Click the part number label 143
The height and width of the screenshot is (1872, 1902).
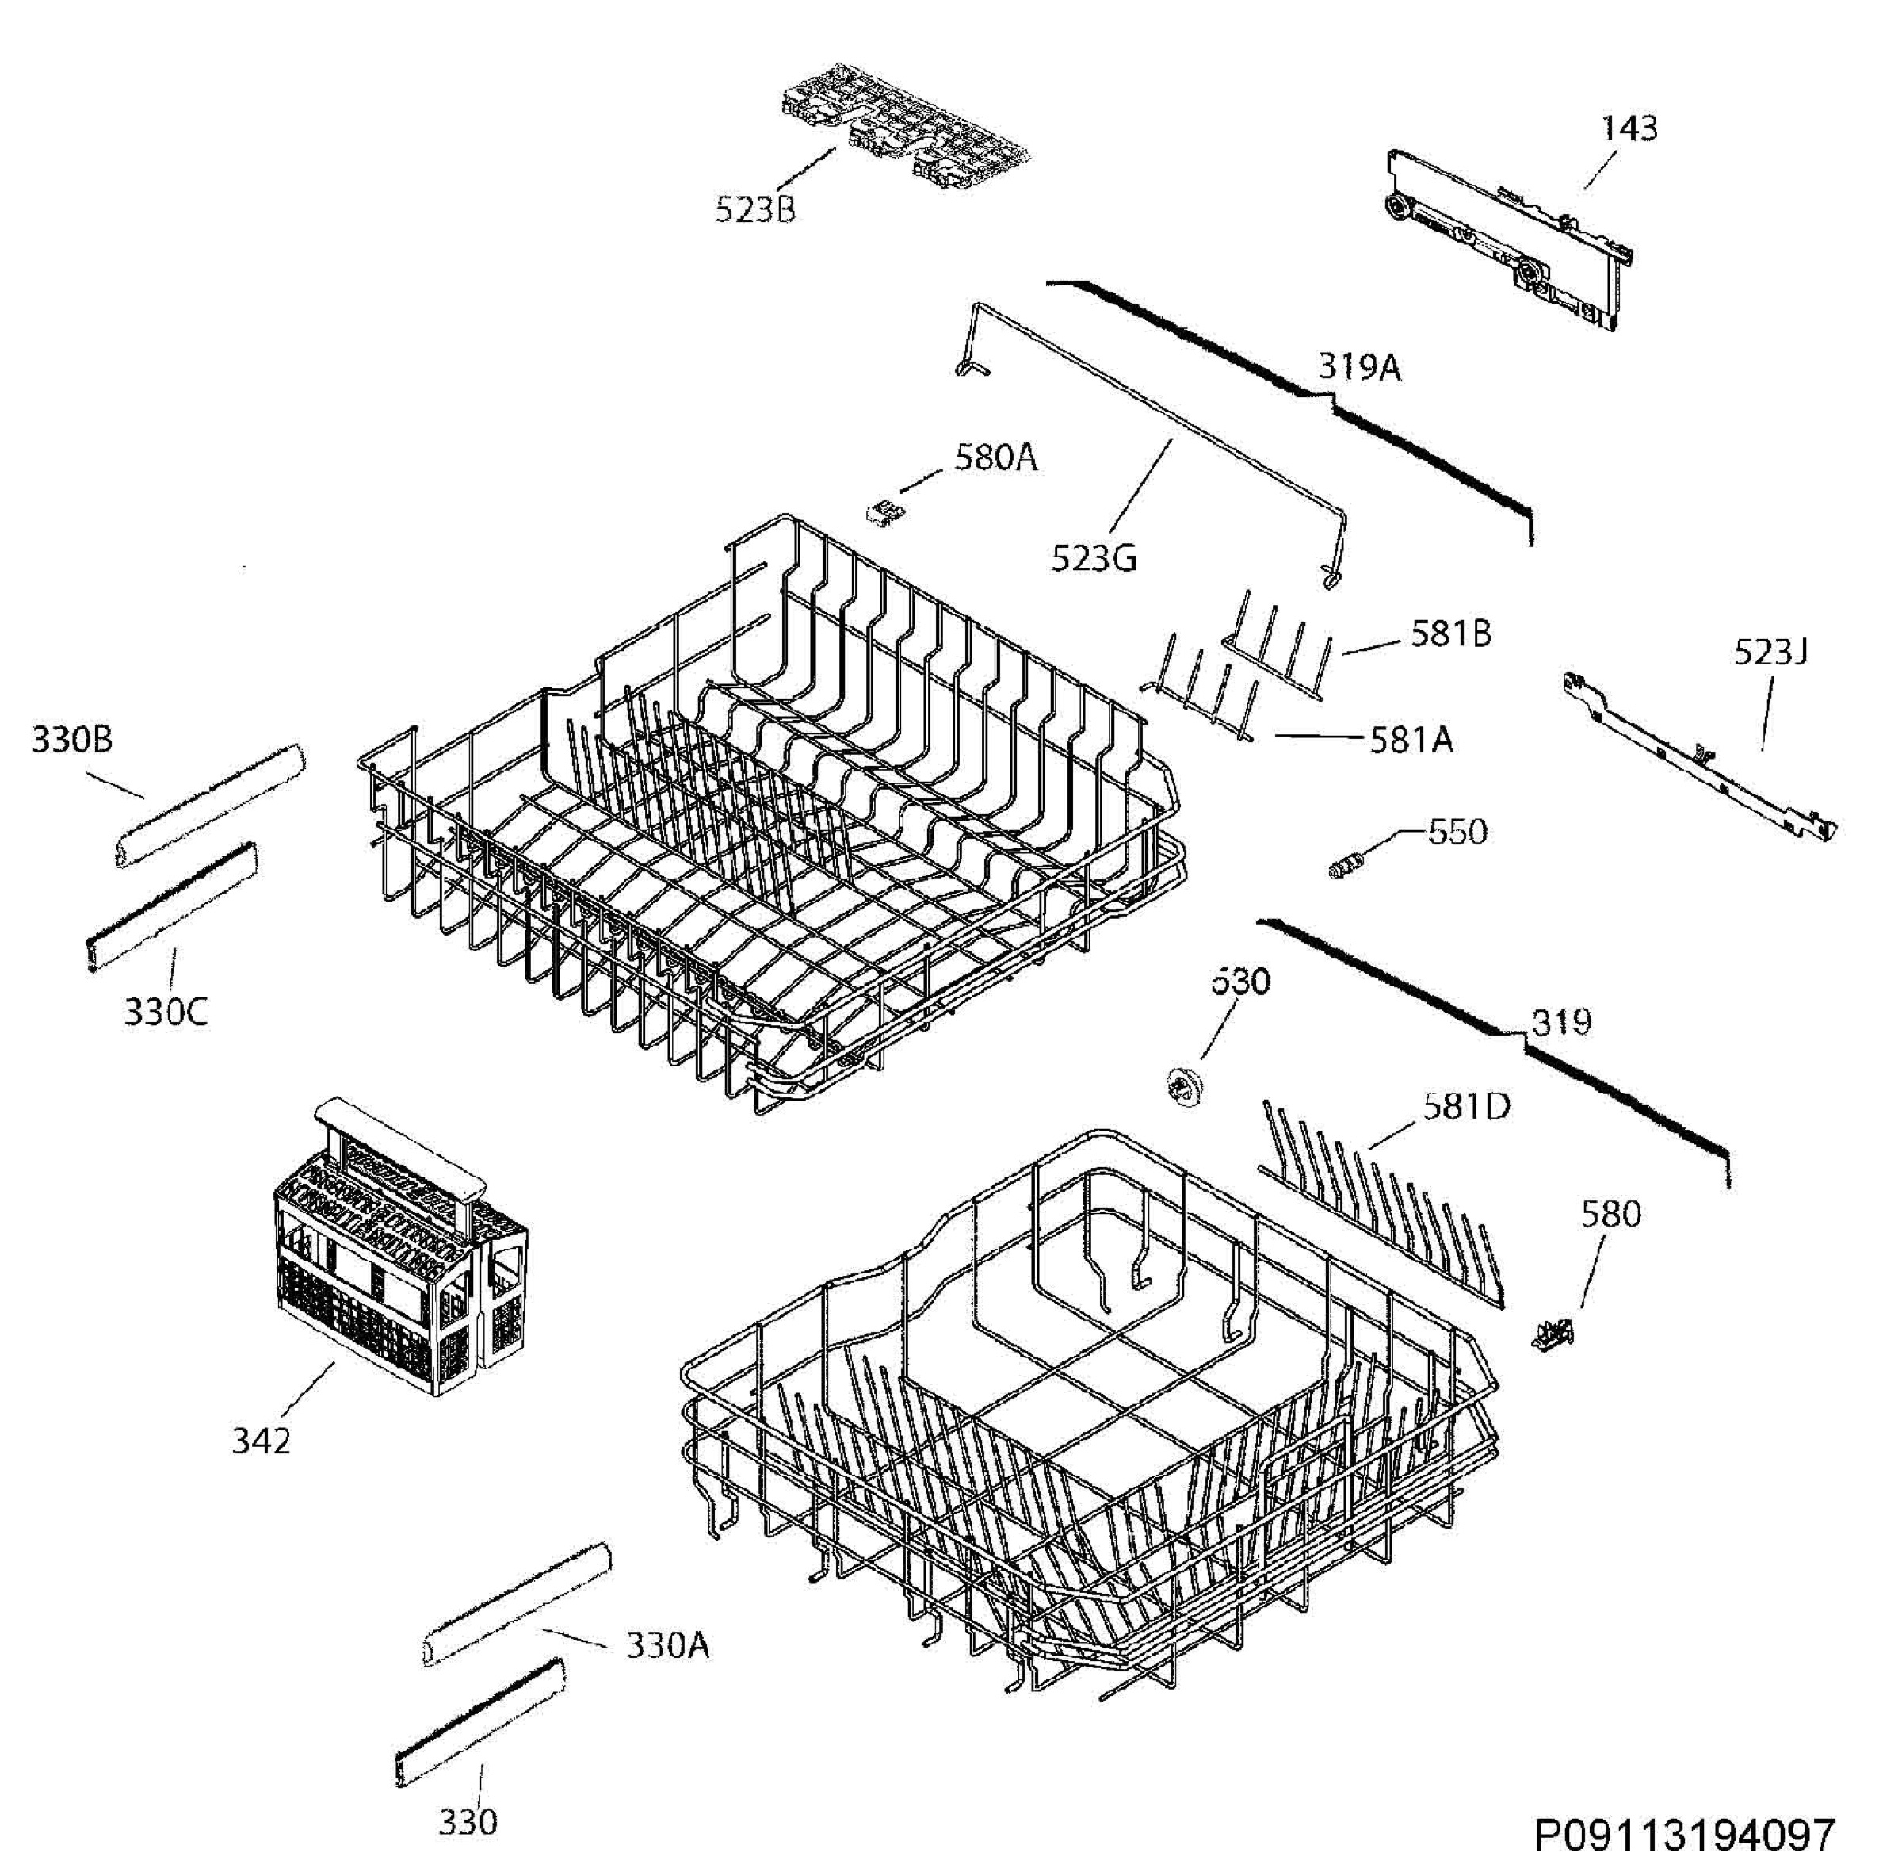1629,128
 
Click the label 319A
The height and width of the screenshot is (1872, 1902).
1359,368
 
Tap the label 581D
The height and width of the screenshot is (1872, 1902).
1465,1107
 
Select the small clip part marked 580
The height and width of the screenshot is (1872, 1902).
1552,1334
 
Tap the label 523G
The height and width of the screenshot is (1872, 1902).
1094,558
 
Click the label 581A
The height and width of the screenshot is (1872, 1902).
1411,739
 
